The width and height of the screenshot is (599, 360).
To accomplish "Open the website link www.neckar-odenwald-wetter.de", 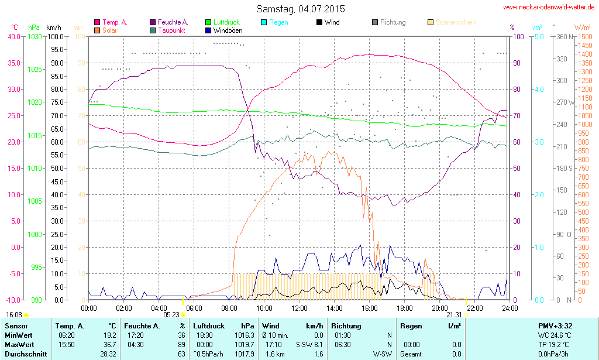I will tap(549, 8).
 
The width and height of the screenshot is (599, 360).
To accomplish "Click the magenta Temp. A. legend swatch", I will tap(97, 22).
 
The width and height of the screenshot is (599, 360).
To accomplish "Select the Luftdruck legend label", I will tap(226, 22).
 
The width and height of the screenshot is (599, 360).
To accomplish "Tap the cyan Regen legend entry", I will tap(278, 22).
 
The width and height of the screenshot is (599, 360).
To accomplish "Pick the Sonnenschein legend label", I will tap(455, 22).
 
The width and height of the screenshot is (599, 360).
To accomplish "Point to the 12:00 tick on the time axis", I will tap(299, 308).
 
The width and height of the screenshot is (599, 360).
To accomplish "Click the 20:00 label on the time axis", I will tap(440, 308).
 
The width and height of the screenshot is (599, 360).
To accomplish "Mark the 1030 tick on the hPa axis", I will tap(35, 36).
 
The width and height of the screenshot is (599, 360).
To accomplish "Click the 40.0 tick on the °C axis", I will tap(13, 36).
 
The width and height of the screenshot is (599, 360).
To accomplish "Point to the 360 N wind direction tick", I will tap(564, 36).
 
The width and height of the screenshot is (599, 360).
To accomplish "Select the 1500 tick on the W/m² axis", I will tap(584, 36).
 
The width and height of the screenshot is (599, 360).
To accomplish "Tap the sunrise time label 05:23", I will tap(171, 314).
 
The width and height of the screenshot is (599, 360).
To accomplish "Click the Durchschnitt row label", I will tap(25, 354).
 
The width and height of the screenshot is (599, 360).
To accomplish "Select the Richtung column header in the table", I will tap(346, 325).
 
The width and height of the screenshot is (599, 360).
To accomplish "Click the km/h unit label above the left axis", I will tap(54, 28).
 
